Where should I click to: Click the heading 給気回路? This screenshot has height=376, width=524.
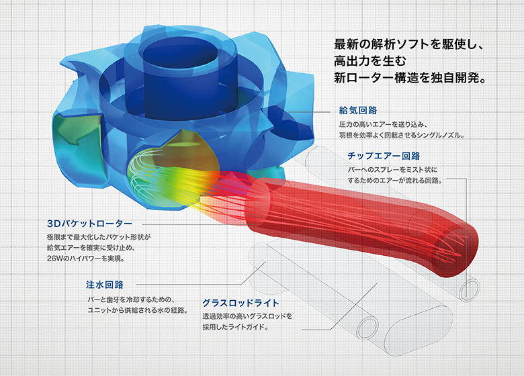[x=358, y=110]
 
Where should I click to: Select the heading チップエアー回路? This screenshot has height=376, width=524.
[x=384, y=156]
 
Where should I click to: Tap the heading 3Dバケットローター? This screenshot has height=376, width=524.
[x=89, y=223]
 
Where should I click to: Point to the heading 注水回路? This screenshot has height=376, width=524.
[x=105, y=285]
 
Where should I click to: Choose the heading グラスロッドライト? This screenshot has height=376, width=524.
[x=241, y=303]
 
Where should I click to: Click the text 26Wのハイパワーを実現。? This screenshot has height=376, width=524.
[x=86, y=258]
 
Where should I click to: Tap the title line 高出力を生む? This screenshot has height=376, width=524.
[x=370, y=61]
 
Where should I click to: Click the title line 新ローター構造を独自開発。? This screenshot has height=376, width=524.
[x=410, y=78]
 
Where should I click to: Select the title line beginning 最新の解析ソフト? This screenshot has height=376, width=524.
[x=409, y=44]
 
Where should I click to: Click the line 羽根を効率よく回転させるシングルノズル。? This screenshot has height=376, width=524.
[x=402, y=135]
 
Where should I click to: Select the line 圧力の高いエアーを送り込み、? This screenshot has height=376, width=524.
[x=383, y=125]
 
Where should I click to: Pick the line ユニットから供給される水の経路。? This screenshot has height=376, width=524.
[x=137, y=310]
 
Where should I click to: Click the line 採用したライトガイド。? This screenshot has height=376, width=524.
[x=236, y=327]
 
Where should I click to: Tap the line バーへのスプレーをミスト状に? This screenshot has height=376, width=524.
[x=392, y=170]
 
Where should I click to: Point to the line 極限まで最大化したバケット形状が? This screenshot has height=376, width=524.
[x=99, y=237]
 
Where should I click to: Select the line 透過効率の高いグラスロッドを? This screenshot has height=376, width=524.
[x=247, y=316]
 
